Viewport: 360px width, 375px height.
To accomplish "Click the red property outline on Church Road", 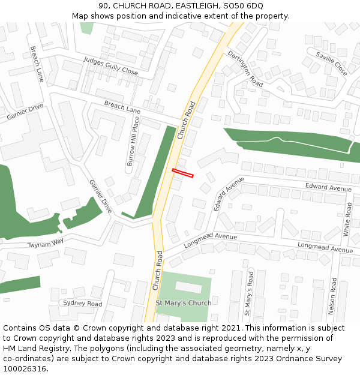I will tap(183, 173).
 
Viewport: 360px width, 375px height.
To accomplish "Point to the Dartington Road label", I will tap(245, 68).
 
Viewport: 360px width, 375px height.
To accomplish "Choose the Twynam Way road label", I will tap(45, 243).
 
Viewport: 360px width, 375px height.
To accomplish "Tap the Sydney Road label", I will tap(82, 304).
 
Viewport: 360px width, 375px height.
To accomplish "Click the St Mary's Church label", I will tap(184, 303).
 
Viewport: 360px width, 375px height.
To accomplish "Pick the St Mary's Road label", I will tap(248, 293).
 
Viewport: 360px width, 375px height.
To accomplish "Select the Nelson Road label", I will tap(332, 296).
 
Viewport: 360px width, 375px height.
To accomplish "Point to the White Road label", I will tap(348, 218).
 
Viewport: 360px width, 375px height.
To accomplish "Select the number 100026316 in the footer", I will tap(25, 368).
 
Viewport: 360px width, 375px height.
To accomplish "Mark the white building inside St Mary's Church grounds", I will tap(188, 287).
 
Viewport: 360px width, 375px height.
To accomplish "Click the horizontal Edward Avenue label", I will tap(328, 188).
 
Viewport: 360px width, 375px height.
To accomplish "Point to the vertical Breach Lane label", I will tap(37, 64).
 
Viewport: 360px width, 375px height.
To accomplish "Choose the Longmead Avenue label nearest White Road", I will tap(325, 247).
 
